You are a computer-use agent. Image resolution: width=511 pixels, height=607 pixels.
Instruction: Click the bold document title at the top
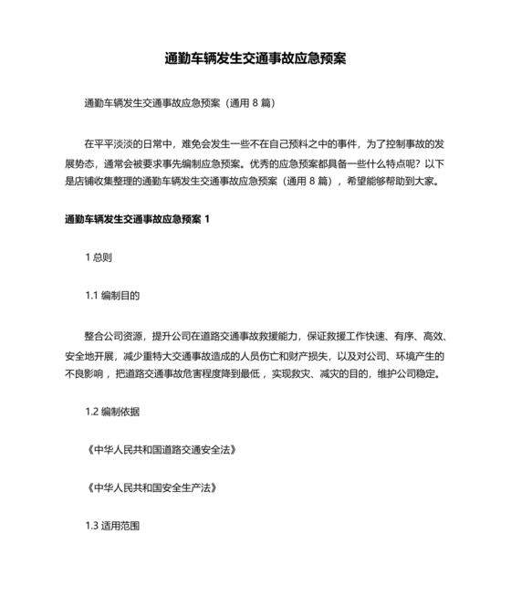tap(255, 58)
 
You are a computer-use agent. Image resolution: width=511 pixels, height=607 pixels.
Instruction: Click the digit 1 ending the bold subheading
tap(209, 219)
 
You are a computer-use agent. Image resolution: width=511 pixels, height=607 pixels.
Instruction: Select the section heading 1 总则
tap(99, 257)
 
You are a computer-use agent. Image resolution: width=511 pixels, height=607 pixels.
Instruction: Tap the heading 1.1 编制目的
tap(112, 296)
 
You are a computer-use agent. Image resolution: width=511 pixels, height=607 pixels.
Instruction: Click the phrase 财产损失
tap(304, 355)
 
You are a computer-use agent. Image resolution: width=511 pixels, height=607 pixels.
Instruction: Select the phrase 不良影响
tap(83, 374)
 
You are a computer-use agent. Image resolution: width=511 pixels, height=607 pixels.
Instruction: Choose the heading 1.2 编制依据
tap(112, 412)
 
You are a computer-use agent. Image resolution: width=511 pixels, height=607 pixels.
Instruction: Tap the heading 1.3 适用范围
tap(112, 527)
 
